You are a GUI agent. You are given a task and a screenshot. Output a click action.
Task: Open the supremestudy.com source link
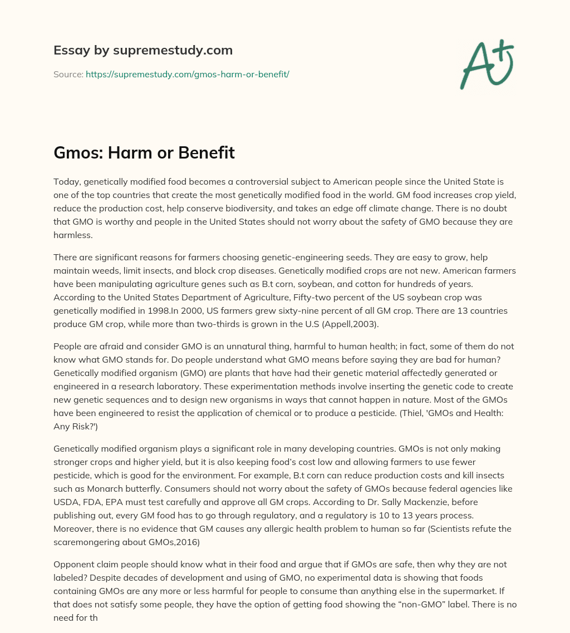(x=187, y=74)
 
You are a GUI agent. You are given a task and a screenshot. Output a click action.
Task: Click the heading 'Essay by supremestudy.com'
(x=143, y=51)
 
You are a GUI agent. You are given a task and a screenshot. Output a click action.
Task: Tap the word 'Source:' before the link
(x=68, y=74)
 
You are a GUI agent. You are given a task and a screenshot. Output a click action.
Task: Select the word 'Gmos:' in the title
(x=77, y=153)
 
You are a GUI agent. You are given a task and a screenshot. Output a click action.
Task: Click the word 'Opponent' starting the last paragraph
(x=74, y=565)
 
